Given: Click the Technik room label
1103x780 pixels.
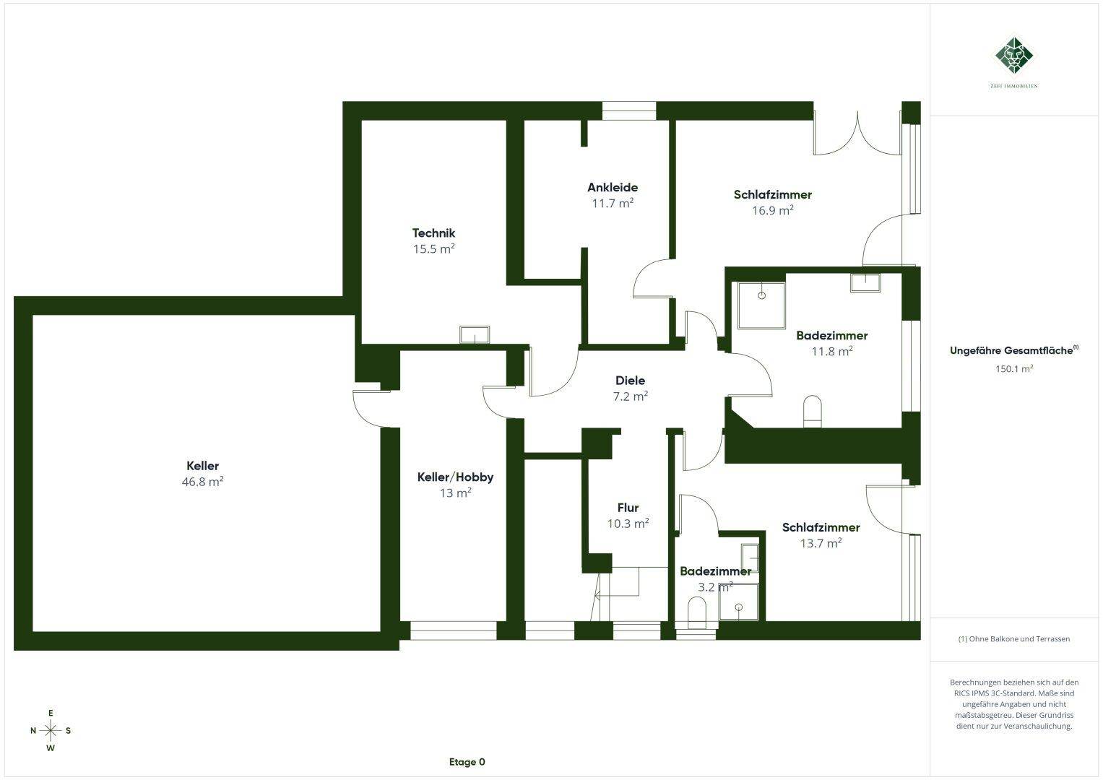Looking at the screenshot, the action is pyautogui.click(x=433, y=233).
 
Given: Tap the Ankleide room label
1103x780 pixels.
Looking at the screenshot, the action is pyautogui.click(x=613, y=187).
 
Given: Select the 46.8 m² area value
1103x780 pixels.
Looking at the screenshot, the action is pyautogui.click(x=202, y=481).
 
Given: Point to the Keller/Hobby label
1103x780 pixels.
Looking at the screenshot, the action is pyautogui.click(x=455, y=477).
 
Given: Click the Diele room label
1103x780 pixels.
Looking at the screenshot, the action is pyautogui.click(x=631, y=380).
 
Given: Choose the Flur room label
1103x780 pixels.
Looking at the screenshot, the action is pyautogui.click(x=628, y=508).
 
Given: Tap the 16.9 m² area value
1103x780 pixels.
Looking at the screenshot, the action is pyautogui.click(x=773, y=210).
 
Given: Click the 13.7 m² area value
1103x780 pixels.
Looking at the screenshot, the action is pyautogui.click(x=821, y=543).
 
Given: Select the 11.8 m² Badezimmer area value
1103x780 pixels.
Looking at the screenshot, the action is pyautogui.click(x=832, y=351).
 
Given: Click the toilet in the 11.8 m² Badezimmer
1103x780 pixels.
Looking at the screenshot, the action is pyautogui.click(x=813, y=411).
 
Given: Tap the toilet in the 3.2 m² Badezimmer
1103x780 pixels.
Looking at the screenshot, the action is pyautogui.click(x=696, y=613).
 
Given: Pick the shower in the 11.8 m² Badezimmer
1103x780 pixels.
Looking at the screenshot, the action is pyautogui.click(x=761, y=305).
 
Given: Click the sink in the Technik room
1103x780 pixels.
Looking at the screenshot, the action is pyautogui.click(x=475, y=334).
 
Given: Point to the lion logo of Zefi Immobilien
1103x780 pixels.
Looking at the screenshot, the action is pyautogui.click(x=1014, y=56).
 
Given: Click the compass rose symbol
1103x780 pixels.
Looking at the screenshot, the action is pyautogui.click(x=51, y=730).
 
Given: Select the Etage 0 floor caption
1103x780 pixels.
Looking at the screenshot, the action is pyautogui.click(x=467, y=762).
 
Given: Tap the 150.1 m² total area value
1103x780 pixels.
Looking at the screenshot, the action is pyautogui.click(x=1014, y=368).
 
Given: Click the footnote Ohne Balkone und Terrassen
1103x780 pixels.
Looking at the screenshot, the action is pyautogui.click(x=1014, y=638).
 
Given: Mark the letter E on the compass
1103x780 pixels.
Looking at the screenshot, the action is pyautogui.click(x=51, y=713).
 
